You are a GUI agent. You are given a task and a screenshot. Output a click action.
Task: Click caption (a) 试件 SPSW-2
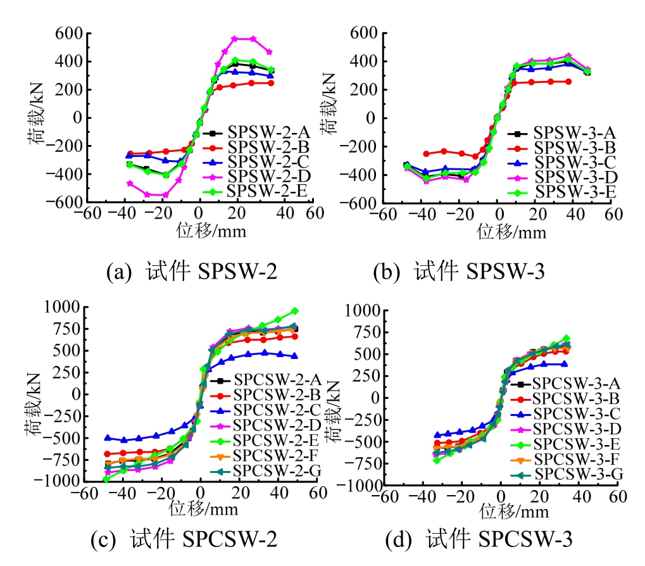[x=192, y=272]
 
